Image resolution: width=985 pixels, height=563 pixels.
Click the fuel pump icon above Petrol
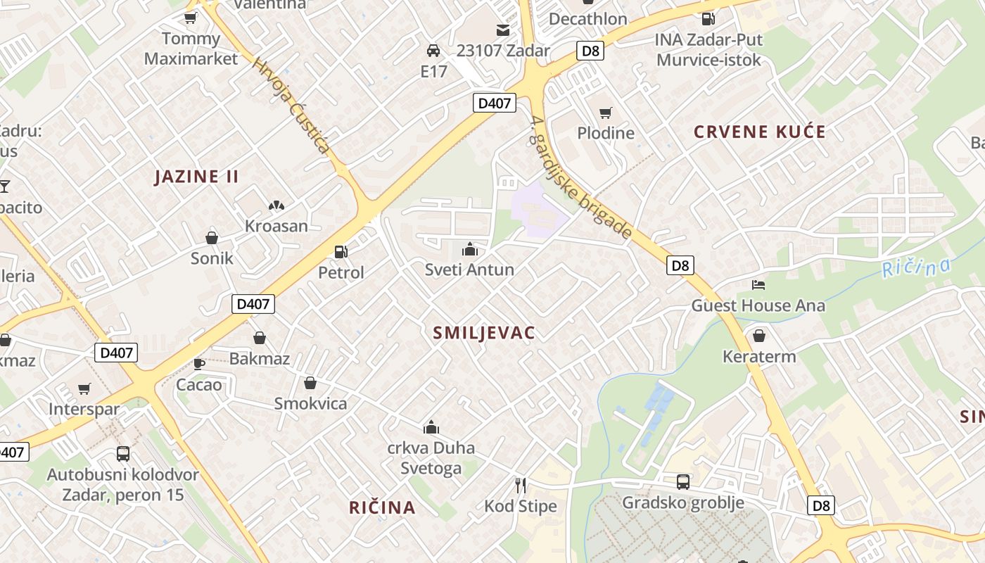(341, 251)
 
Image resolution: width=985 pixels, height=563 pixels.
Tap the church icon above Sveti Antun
(469, 249)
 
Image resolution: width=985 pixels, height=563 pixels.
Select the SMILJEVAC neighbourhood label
(484, 333)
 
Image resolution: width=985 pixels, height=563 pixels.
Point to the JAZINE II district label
(197, 177)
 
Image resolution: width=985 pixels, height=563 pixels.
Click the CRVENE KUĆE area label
(760, 132)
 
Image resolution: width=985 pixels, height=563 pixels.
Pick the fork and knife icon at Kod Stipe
(521, 485)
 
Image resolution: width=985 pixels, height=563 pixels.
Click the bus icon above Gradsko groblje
(682, 482)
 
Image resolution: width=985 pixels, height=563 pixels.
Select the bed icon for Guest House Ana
(758, 285)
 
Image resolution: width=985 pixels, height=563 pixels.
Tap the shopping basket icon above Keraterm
(759, 336)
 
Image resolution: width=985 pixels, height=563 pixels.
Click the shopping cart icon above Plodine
(605, 113)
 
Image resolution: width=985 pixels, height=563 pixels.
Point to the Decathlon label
(587, 19)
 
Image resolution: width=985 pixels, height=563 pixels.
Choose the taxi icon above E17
(433, 51)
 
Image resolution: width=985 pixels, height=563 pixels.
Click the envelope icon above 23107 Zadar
(503, 30)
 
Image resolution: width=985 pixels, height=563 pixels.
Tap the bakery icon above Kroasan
(277, 205)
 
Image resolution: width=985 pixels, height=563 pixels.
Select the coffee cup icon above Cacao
(198, 364)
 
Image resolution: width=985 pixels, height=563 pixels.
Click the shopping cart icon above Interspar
(84, 388)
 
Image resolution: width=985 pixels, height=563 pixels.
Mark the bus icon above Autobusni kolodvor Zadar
(123, 454)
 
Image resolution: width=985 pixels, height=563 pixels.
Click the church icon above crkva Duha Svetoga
(431, 427)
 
